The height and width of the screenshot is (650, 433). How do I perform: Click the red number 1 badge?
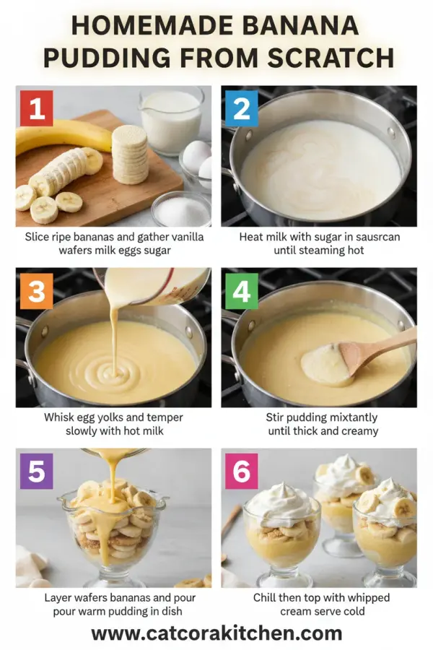[37, 108]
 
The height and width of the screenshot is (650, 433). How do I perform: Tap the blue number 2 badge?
[242, 108]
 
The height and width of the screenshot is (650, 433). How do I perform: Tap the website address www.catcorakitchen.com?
[216, 633]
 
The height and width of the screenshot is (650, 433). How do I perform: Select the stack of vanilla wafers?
[130, 153]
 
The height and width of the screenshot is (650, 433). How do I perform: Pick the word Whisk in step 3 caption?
[59, 418]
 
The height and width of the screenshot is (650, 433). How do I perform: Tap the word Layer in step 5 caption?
[59, 598]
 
